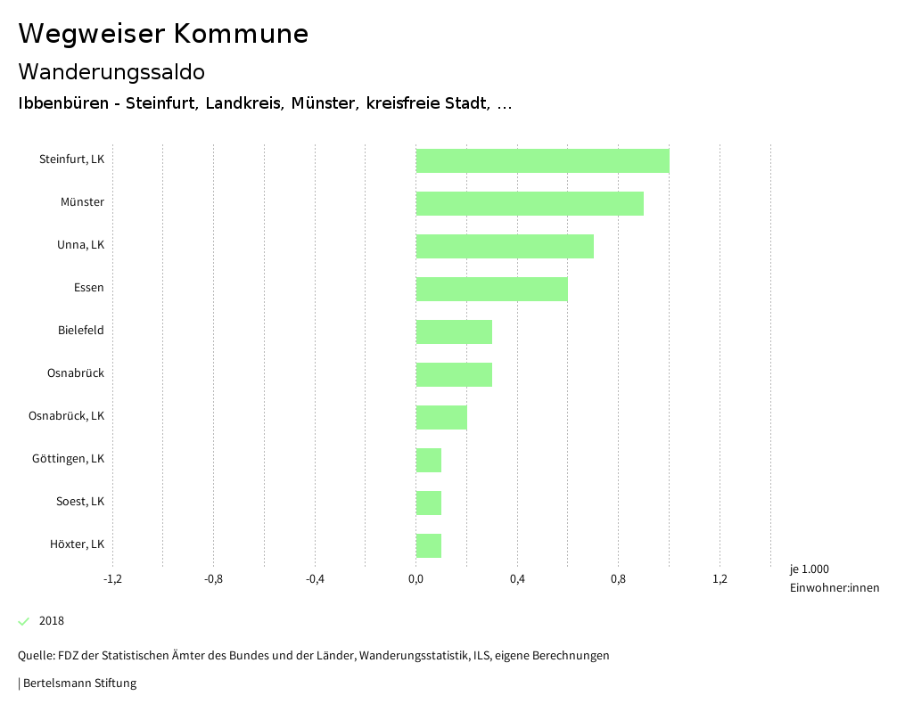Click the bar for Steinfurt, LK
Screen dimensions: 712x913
tap(542, 160)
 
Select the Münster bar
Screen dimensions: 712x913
tap(530, 203)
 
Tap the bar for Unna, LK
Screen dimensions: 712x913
tap(505, 246)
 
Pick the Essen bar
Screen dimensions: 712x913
tap(491, 289)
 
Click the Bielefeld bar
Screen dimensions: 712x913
tap(454, 331)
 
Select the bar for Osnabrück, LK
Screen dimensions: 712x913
tap(441, 417)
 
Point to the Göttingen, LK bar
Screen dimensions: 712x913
tap(429, 460)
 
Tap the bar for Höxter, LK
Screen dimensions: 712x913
tap(429, 545)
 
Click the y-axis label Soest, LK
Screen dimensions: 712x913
tap(80, 501)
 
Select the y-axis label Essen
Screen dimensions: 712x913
tap(89, 287)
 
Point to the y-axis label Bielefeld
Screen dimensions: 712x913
tap(81, 330)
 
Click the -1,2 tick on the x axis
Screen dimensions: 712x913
tap(112, 579)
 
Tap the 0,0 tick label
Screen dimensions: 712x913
tap(416, 579)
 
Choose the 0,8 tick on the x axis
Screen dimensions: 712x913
tap(619, 579)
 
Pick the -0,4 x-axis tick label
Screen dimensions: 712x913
tap(315, 579)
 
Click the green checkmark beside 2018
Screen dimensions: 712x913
tap(24, 621)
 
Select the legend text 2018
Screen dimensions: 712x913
tap(52, 621)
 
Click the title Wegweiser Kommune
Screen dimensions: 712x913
tap(163, 34)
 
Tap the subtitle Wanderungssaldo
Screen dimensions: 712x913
tap(111, 71)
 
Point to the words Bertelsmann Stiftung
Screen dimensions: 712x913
tap(79, 683)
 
